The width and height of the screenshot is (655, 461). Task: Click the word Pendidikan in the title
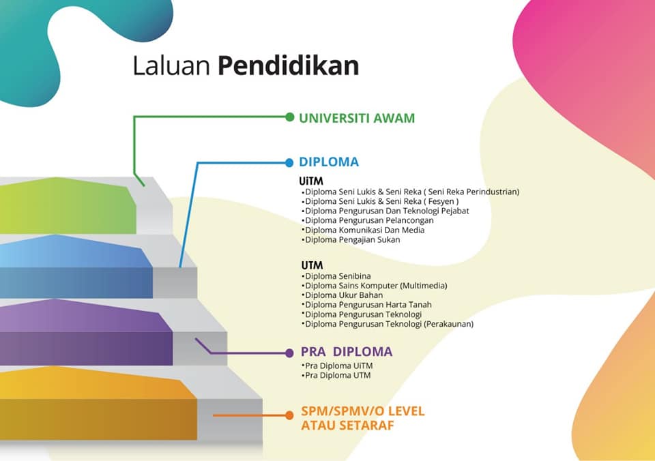(288, 65)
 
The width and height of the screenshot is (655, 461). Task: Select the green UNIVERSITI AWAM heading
(357, 118)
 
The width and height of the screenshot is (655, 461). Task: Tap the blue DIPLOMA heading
(329, 162)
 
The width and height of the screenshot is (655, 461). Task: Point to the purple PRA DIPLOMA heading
(347, 352)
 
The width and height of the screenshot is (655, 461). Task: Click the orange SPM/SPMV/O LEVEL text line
(362, 411)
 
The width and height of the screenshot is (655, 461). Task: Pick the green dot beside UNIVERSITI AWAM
(289, 117)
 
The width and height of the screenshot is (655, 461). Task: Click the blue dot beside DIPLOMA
(289, 163)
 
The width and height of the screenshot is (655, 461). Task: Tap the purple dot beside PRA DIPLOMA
(289, 353)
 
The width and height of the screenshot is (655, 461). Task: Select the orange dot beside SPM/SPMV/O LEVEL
(289, 415)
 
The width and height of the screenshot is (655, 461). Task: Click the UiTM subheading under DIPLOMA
(311, 181)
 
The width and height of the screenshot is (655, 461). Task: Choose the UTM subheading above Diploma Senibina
(312, 265)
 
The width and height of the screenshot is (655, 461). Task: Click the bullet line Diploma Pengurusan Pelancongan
(368, 220)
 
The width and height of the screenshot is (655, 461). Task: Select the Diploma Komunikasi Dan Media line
(363, 230)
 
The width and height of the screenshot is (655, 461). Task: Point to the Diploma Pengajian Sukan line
(351, 239)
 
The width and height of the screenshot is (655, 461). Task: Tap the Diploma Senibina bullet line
(336, 276)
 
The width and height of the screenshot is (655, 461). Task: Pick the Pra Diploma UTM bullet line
(336, 375)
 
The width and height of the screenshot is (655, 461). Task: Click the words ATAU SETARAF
(347, 426)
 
